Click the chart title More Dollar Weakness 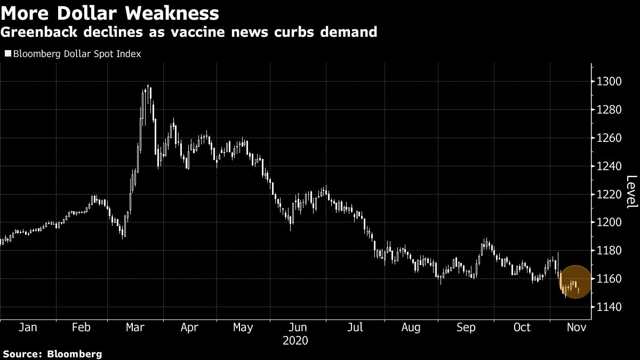click(x=110, y=13)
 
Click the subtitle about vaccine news click(x=189, y=32)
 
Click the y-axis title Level click(x=631, y=192)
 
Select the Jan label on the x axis click(x=28, y=327)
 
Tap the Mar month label click(x=135, y=327)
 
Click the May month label click(x=243, y=327)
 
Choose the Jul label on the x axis click(x=355, y=327)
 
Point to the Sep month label click(x=467, y=327)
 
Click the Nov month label click(x=577, y=327)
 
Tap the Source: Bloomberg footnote click(x=52, y=354)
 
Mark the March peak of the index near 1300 click(x=148, y=86)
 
